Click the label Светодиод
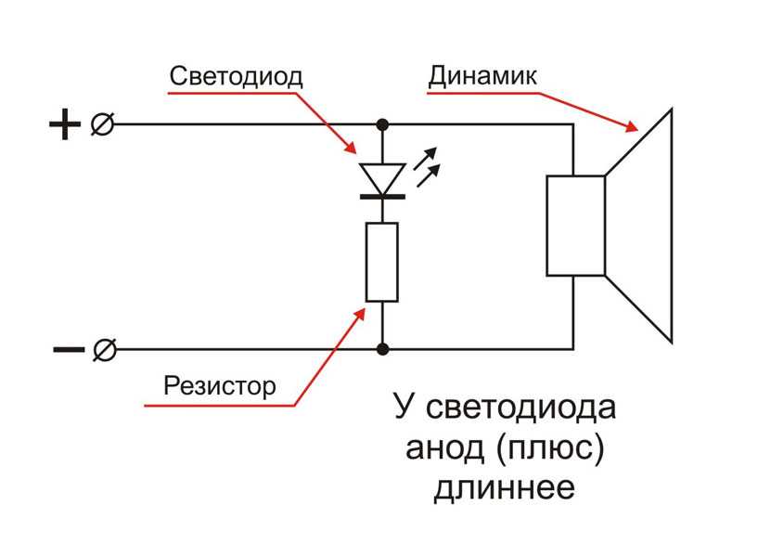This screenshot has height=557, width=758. [x=236, y=76]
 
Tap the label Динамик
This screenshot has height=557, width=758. [x=482, y=76]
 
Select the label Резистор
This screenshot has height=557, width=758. [x=220, y=386]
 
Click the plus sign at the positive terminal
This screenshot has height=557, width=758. [x=65, y=124]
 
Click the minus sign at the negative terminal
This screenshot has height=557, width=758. [x=68, y=349]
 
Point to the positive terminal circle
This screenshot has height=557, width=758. [x=102, y=124]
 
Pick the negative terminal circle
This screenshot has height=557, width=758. [x=105, y=350]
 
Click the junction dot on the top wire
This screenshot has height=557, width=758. [x=382, y=124]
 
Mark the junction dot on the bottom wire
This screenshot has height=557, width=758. [x=382, y=349]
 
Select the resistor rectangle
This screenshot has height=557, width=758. [x=382, y=262]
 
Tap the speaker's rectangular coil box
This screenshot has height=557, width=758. [x=576, y=226]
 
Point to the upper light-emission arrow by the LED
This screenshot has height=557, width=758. [x=426, y=158]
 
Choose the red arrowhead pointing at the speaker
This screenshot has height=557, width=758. [x=631, y=126]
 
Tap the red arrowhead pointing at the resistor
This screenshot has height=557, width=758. [x=360, y=314]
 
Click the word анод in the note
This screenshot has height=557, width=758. [x=444, y=448]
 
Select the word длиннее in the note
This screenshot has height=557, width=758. [x=504, y=487]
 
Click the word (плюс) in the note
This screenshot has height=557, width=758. [x=550, y=448]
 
